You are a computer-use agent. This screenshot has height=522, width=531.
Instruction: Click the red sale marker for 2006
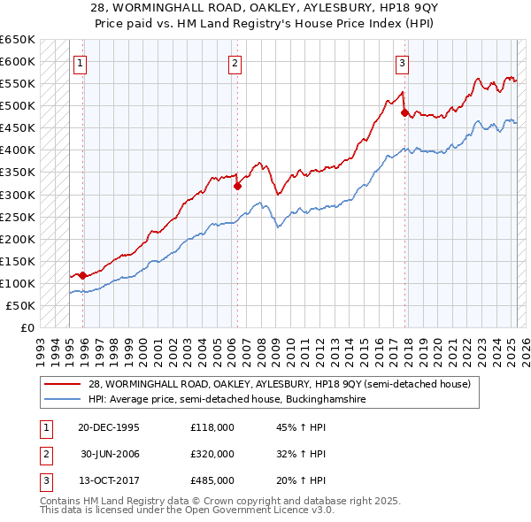point(237,186)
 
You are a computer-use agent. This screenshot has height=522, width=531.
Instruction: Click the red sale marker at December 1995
point(82,275)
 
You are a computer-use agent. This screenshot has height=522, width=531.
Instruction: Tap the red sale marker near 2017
point(404,112)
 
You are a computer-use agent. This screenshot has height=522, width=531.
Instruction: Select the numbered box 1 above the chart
point(81,62)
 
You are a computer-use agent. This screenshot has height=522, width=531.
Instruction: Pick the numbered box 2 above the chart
point(235,62)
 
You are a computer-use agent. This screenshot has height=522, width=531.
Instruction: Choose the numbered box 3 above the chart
point(403,62)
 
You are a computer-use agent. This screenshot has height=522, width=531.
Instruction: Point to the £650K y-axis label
point(18,40)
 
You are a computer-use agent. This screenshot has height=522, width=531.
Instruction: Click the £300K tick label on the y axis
point(18,195)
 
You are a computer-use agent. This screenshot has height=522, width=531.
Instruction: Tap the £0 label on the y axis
point(27,327)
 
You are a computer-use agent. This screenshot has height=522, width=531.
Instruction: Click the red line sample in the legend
point(64,384)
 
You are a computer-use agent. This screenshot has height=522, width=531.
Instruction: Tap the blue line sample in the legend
point(64,400)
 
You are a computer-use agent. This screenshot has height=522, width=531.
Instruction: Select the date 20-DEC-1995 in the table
point(108,427)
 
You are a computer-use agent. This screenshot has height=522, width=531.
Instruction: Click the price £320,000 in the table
point(212,454)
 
